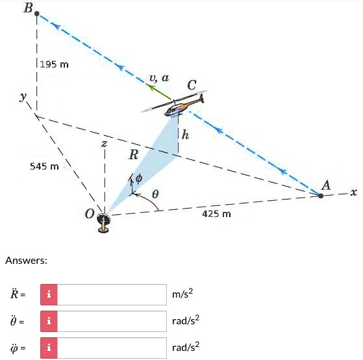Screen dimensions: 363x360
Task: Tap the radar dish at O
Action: pyautogui.click(x=104, y=221)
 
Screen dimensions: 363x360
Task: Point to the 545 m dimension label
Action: pyautogui.click(x=44, y=166)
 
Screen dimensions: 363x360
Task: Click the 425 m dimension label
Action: pyautogui.click(x=216, y=214)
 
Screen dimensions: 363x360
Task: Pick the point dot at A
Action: pyautogui.click(x=320, y=194)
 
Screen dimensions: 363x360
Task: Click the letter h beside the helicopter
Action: pyautogui.click(x=186, y=135)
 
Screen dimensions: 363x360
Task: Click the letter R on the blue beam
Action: pyautogui.click(x=134, y=155)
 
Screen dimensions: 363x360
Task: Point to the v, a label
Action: pyautogui.click(x=159, y=78)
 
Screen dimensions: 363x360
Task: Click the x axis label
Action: pyautogui.click(x=353, y=192)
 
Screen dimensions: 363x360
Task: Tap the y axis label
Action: pyautogui.click(x=24, y=97)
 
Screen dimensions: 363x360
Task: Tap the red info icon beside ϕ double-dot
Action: pyautogui.click(x=49, y=348)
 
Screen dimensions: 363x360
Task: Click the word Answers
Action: pyautogui.click(x=26, y=261)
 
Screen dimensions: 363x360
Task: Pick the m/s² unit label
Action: pyautogui.click(x=182, y=294)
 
